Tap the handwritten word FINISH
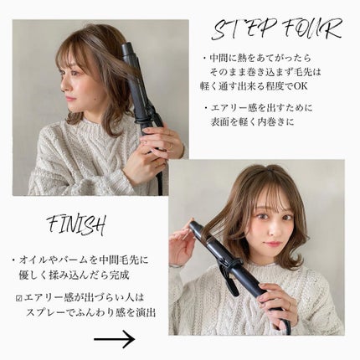tap(76, 225)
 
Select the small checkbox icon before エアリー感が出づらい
tap(19, 296)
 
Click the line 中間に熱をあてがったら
tap(259, 58)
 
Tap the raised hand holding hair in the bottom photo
tap(182, 247)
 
